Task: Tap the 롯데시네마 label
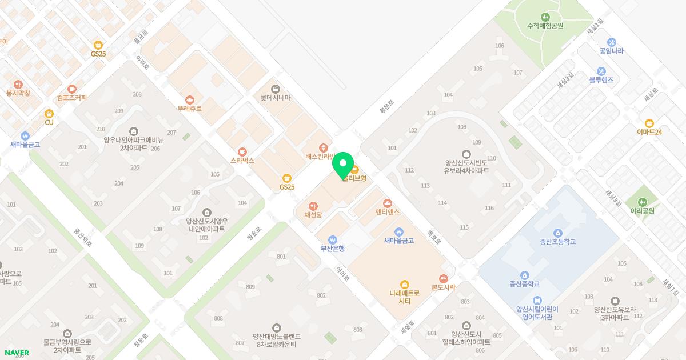click(275, 98)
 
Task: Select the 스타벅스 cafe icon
click(242, 151)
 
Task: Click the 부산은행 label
click(332, 249)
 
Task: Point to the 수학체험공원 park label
click(545, 26)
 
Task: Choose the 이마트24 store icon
click(649, 123)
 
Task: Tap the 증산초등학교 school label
click(557, 242)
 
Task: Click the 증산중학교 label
click(525, 284)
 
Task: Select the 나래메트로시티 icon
click(405, 284)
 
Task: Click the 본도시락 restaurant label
click(443, 287)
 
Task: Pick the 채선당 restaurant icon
click(313, 206)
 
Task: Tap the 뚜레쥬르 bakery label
click(189, 108)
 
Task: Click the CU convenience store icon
click(49, 113)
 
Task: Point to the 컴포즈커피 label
click(72, 98)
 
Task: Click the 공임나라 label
click(611, 51)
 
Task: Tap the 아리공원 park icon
click(642, 202)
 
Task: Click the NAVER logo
click(17, 353)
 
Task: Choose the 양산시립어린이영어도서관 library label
click(537, 313)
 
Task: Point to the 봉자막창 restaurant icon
click(18, 84)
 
